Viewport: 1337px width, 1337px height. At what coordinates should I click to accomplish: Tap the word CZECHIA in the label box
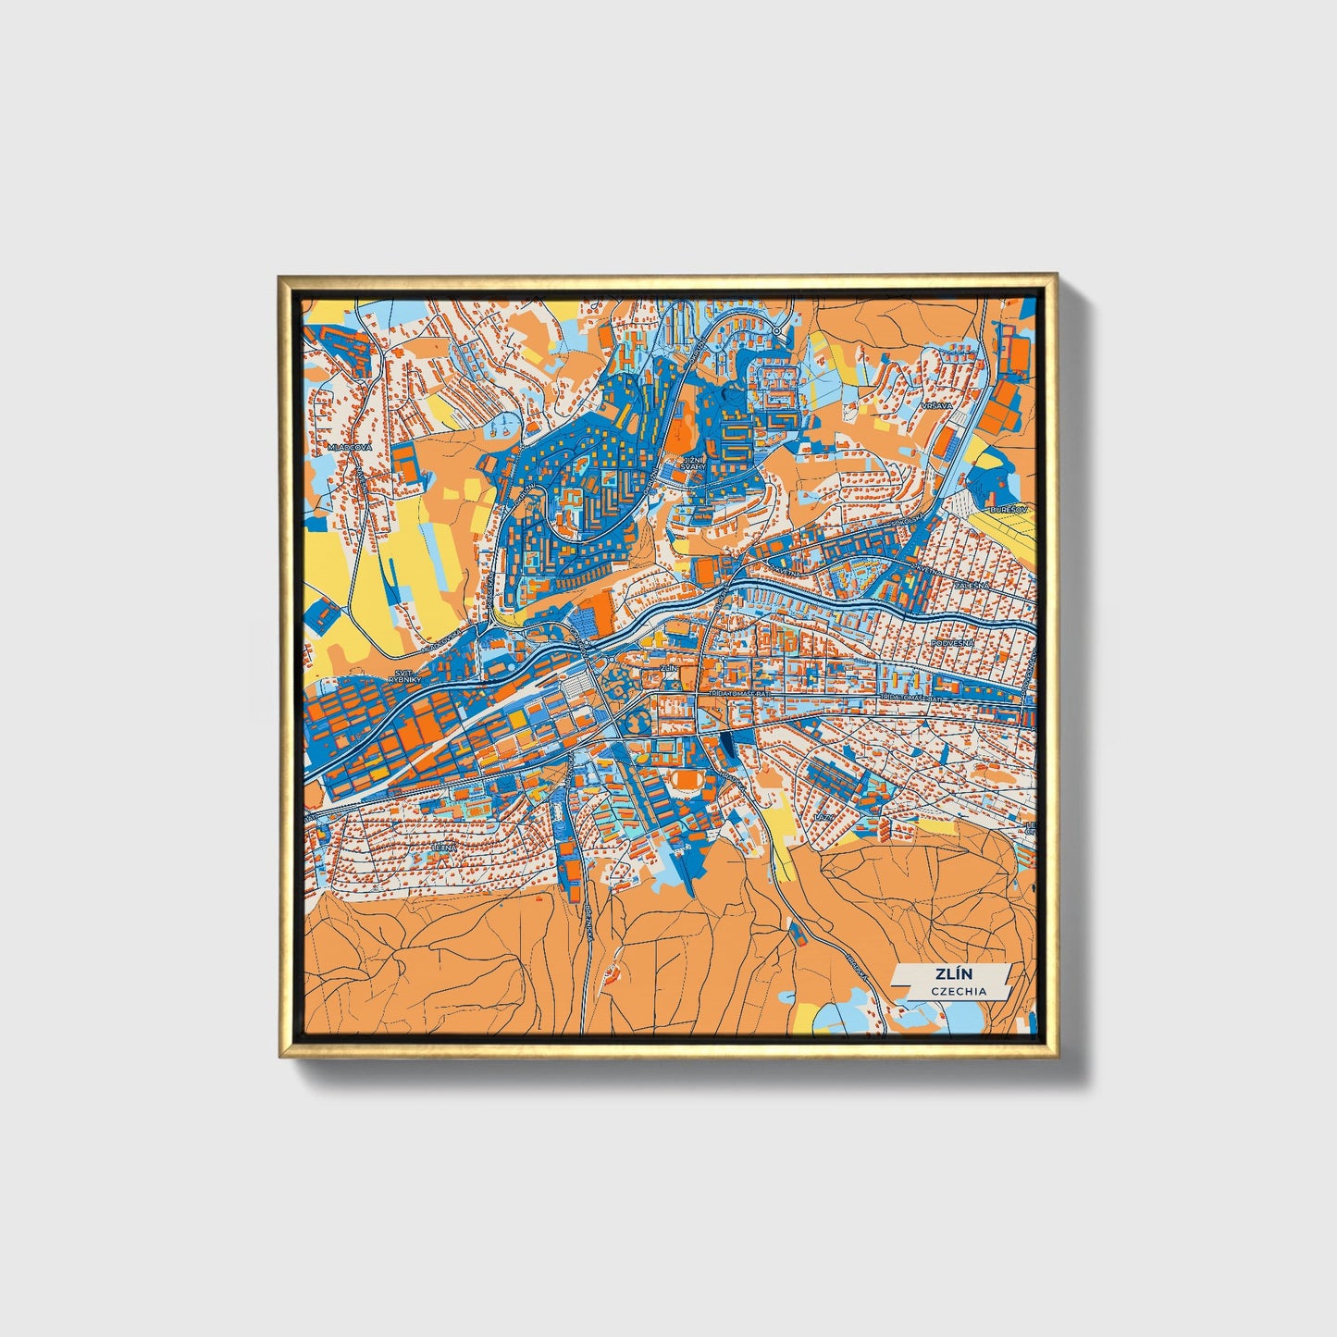[x=959, y=991]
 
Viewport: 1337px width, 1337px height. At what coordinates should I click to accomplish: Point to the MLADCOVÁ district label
[x=349, y=447]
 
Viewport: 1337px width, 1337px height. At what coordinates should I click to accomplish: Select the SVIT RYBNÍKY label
[x=404, y=675]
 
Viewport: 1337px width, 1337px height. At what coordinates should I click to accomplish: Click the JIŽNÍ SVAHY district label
[x=693, y=463]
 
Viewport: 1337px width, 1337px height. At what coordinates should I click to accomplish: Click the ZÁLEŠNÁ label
[x=973, y=585]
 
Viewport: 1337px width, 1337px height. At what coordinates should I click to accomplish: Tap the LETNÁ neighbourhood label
[x=445, y=846]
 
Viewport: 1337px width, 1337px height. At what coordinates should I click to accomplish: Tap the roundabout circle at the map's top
[x=777, y=329]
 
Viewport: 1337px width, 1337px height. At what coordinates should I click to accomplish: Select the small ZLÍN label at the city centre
[x=668, y=666]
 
